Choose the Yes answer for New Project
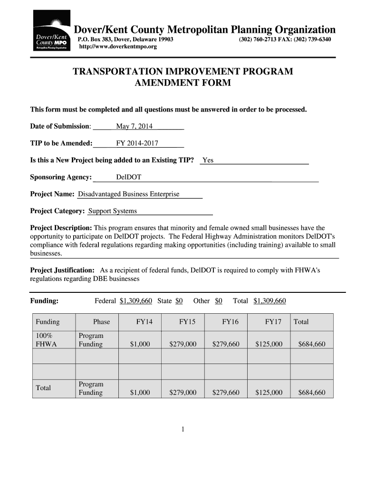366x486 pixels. (x=208, y=160)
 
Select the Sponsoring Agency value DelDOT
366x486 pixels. (x=128, y=178)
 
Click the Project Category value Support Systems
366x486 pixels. (x=113, y=211)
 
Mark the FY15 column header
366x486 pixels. (x=187, y=322)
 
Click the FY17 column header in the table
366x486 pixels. (x=273, y=322)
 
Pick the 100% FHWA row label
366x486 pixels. (x=46, y=340)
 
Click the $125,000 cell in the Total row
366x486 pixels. (x=269, y=393)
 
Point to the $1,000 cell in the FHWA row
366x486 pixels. (x=140, y=344)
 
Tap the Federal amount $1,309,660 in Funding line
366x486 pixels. (x=136, y=301)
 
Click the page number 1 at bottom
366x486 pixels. (x=183, y=430)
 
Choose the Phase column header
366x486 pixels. (x=101, y=322)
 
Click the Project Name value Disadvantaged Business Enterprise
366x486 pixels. (x=128, y=194)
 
